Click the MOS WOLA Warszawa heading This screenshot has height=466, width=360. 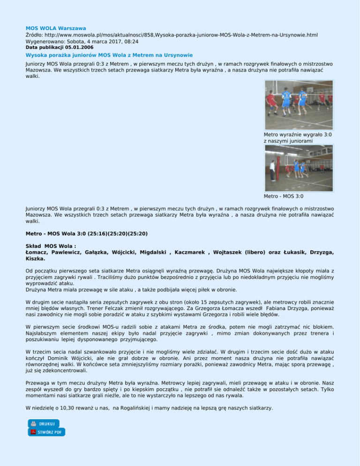pos(56,29)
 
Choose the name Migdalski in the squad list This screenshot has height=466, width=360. pos(149,252)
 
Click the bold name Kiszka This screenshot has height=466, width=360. pos(35,258)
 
